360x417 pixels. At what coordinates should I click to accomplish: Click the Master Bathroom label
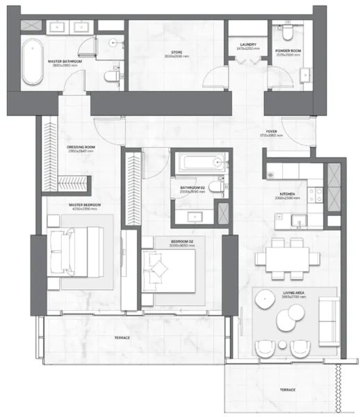point(65,62)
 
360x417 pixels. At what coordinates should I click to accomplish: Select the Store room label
point(177,55)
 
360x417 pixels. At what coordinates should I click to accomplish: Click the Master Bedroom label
point(85,206)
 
